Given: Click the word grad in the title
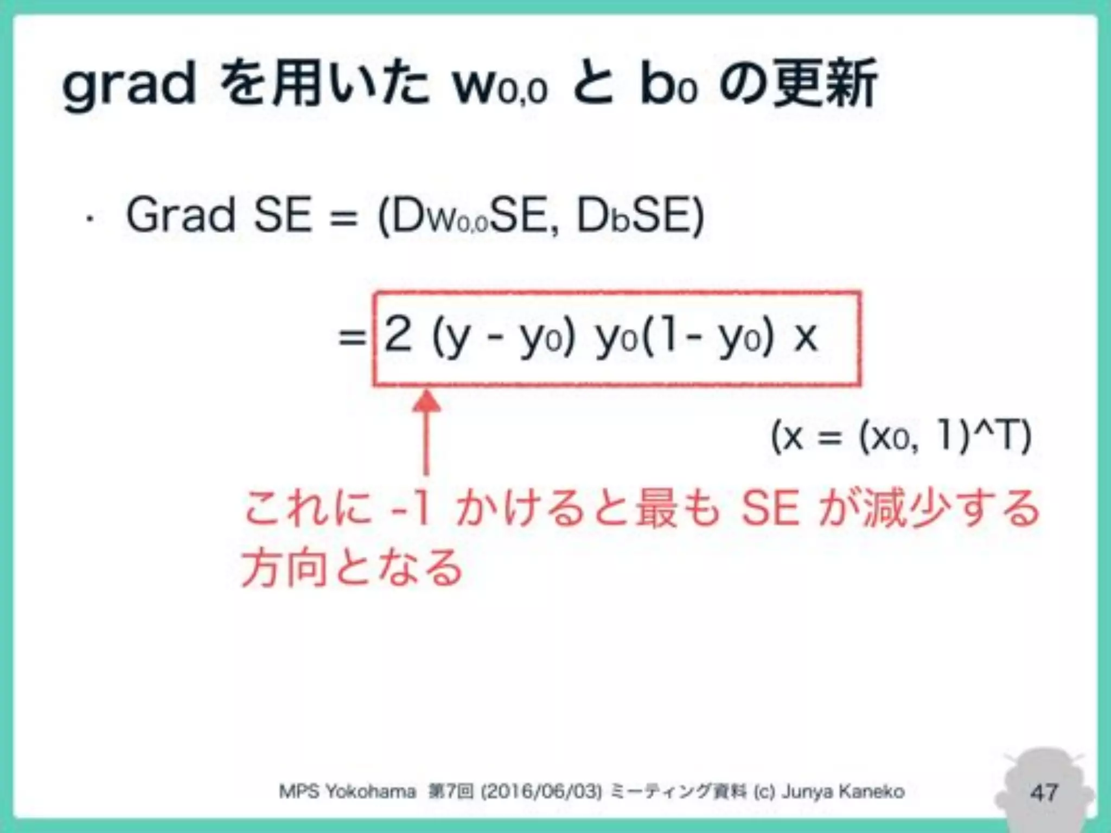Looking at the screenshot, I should [129, 86].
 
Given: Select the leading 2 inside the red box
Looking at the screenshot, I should [398, 335].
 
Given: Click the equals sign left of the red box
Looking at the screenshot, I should [352, 337].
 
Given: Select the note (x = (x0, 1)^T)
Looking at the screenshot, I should [901, 437].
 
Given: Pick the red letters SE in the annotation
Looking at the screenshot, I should [770, 509].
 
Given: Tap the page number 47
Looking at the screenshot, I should [1044, 792].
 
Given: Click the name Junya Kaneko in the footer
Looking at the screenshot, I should [843, 792].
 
